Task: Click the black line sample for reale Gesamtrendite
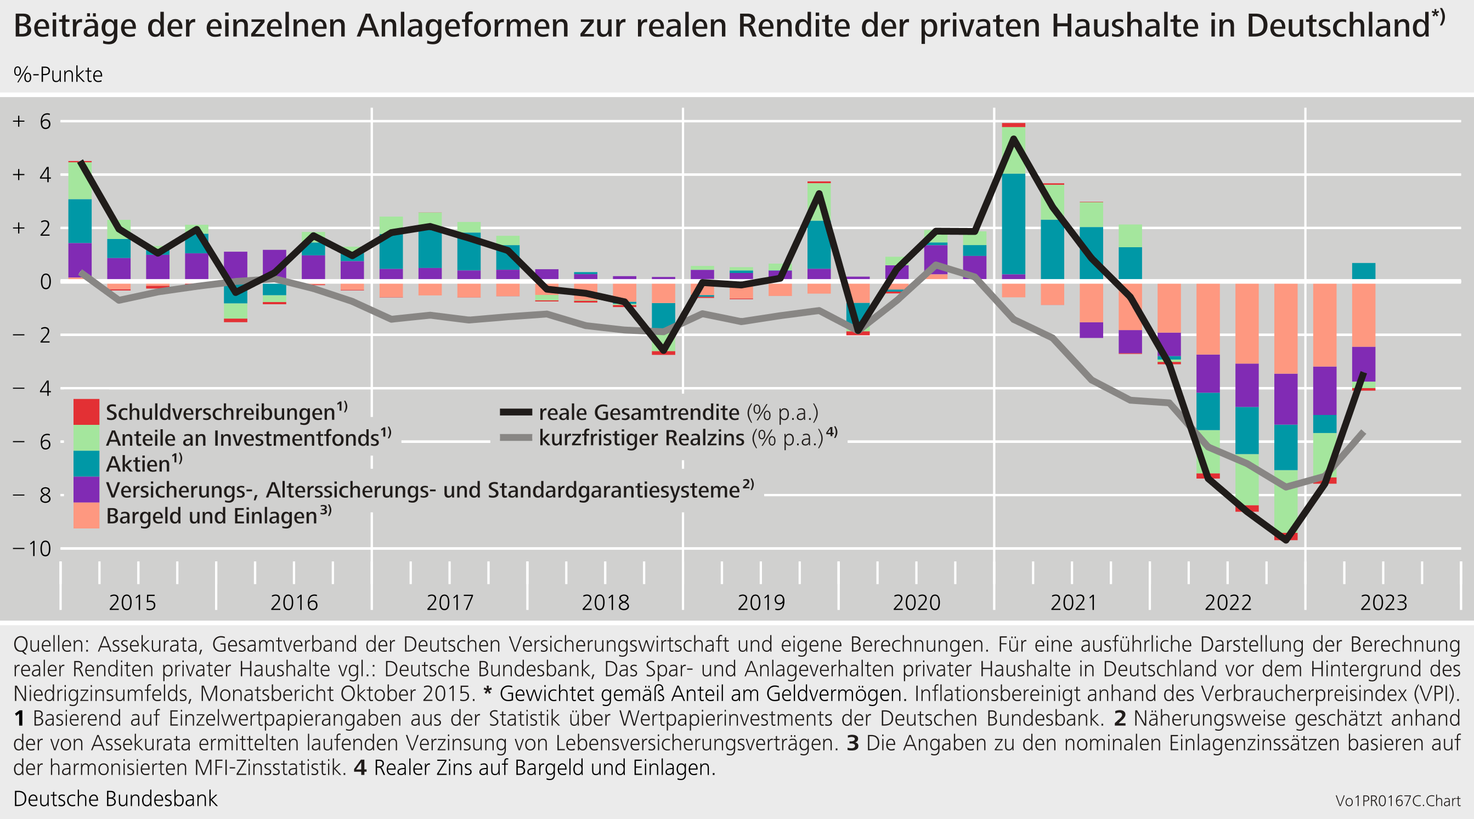[x=516, y=412]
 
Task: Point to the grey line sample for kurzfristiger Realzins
[x=516, y=438]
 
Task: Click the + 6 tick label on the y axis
[x=32, y=121]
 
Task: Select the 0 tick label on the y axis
[x=45, y=281]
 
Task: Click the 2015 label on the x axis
[x=132, y=603]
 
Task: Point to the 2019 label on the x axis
[x=760, y=603]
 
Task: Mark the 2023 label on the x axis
[x=1383, y=603]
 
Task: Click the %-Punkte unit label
[x=58, y=75]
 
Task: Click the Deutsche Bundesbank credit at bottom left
[x=115, y=798]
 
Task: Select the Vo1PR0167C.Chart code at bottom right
[x=1398, y=801]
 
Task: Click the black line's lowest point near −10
[x=1286, y=540]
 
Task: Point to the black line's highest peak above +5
[x=1013, y=138]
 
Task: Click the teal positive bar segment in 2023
[x=1364, y=271]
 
